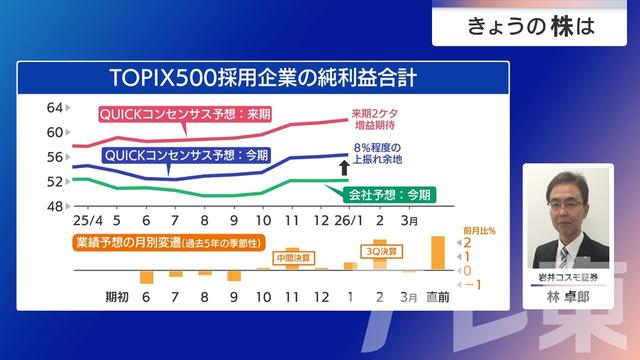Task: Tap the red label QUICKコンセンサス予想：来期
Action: (x=190, y=114)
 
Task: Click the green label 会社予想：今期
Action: (x=390, y=194)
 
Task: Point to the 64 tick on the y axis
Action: (x=55, y=107)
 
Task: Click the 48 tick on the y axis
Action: (x=55, y=206)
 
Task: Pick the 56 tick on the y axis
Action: (x=55, y=157)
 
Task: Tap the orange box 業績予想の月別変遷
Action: (x=164, y=243)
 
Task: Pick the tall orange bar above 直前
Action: (x=437, y=251)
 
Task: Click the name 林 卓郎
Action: (x=569, y=297)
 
